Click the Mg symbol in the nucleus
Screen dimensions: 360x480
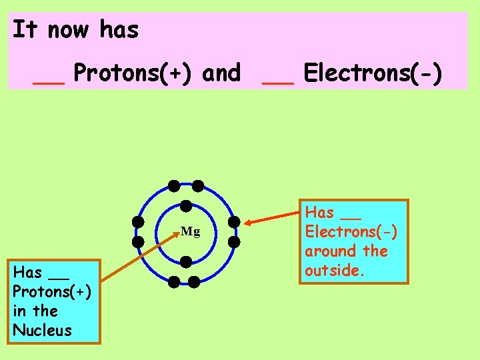click(190, 232)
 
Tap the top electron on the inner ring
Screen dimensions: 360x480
click(187, 207)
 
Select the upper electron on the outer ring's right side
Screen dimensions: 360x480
click(234, 221)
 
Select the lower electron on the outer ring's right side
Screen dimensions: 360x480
click(234, 241)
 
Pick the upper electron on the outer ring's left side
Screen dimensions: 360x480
click(138, 221)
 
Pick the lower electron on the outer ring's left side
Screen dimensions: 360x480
click(138, 241)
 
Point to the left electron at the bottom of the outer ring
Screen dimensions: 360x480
click(174, 282)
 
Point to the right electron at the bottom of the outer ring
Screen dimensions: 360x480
click(194, 282)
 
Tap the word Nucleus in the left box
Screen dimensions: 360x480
click(42, 330)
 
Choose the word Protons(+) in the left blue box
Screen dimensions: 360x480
click(52, 291)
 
